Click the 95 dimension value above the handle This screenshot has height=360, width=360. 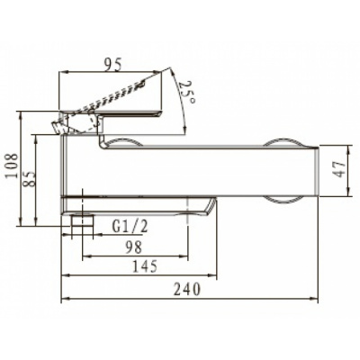[113, 65]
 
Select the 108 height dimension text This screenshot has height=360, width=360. [13, 166]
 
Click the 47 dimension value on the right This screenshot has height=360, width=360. [339, 169]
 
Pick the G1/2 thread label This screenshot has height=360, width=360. [130, 227]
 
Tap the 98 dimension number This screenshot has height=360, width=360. [133, 247]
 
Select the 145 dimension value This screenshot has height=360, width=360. [145, 266]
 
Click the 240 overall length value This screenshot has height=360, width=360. [187, 289]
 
